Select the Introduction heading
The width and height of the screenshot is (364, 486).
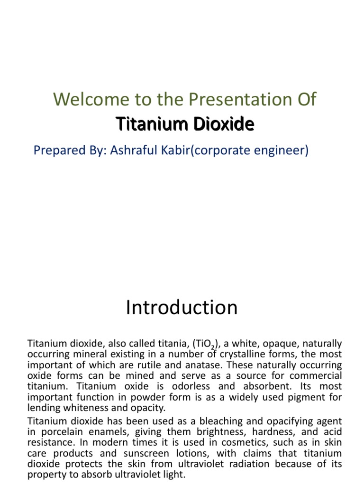pyautogui.click(x=182, y=308)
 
